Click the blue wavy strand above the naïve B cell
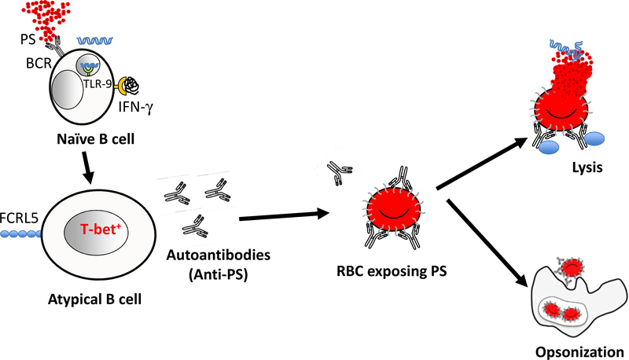tap(99, 38)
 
